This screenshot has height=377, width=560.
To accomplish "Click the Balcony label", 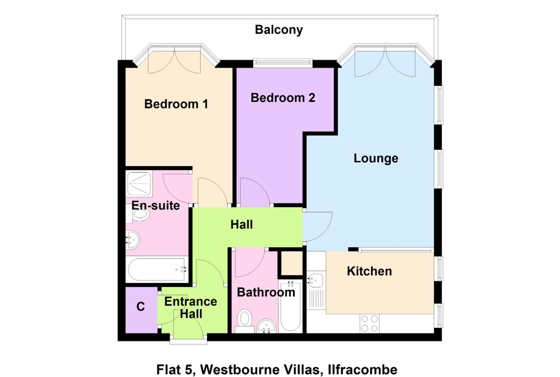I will [x=279, y=30].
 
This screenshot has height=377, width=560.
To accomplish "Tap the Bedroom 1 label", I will [x=176, y=104].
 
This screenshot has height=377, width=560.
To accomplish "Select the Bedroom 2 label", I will [x=282, y=98].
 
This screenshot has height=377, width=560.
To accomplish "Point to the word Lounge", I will [x=376, y=158].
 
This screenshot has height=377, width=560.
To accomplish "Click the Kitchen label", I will [x=369, y=271].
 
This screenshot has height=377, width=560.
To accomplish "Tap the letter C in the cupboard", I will [x=141, y=306].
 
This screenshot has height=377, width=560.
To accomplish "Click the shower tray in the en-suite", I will [x=139, y=184].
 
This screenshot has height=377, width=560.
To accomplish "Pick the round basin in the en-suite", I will [x=133, y=240].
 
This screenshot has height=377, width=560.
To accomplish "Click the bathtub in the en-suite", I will [x=157, y=269].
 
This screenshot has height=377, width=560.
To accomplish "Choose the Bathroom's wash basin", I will [x=267, y=327].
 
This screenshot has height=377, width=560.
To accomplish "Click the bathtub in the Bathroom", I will [x=290, y=306].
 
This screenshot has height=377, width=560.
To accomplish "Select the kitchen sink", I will [x=316, y=280].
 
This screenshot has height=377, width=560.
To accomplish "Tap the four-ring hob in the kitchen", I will [x=370, y=323].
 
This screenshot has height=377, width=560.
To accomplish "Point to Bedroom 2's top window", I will [x=282, y=63].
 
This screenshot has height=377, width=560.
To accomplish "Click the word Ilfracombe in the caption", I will [x=362, y=369].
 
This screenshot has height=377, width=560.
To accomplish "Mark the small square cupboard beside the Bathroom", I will [x=292, y=264].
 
